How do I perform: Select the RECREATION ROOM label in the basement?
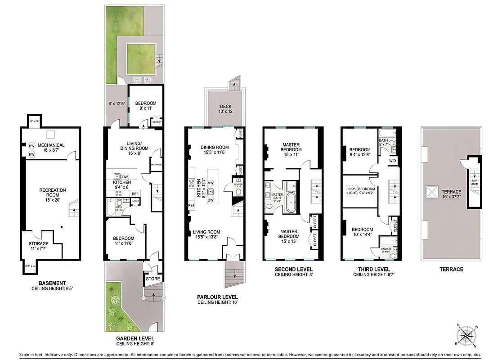(x=52, y=193)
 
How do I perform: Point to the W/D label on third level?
(x=393, y=161)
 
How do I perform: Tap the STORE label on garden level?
(x=150, y=279)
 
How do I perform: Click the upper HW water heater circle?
(x=31, y=146)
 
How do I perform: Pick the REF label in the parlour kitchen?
(x=192, y=205)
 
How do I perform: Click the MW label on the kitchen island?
(x=210, y=183)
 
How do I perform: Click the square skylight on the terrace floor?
(x=431, y=193)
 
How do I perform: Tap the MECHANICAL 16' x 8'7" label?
(x=51, y=148)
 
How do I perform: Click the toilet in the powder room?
(x=238, y=192)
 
